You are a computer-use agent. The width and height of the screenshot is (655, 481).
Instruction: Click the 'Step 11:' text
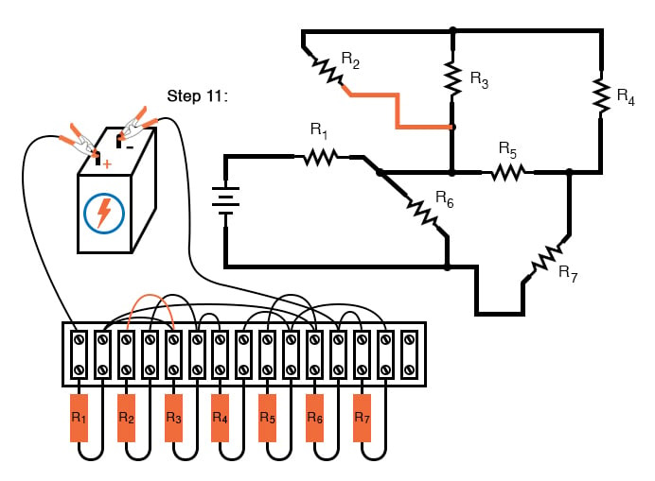(x=197, y=96)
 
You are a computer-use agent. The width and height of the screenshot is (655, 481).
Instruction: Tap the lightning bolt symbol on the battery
(x=105, y=213)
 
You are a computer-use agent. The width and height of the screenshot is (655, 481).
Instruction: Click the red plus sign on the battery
(x=106, y=163)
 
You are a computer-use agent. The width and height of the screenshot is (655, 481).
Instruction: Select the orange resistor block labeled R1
(x=79, y=417)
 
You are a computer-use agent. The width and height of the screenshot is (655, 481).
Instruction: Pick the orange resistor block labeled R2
(x=126, y=417)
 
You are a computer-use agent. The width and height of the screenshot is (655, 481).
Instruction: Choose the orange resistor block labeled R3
(x=173, y=417)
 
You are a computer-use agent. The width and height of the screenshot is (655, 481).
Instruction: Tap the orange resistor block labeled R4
(x=221, y=417)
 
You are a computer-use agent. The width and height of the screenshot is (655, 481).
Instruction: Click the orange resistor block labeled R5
(x=268, y=417)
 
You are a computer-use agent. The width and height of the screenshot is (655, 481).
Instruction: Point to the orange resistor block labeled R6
(x=315, y=417)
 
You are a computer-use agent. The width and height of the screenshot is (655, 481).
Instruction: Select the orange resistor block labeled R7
(x=362, y=417)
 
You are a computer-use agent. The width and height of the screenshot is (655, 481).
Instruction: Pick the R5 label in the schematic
(x=508, y=150)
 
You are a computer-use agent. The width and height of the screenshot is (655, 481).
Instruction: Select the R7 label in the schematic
(x=568, y=274)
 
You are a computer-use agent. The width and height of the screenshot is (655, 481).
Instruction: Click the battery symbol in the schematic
(x=225, y=199)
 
